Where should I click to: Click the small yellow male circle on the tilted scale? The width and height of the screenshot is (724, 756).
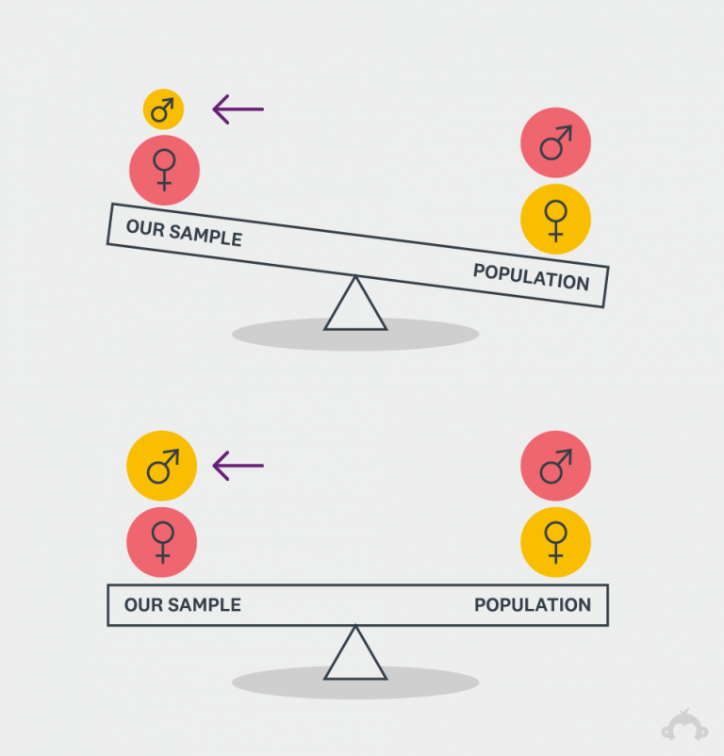163,109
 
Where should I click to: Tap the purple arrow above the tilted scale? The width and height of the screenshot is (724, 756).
238,109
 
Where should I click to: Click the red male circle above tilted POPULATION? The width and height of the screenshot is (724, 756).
555,143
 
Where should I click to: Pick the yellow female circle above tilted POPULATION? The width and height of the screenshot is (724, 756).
555,220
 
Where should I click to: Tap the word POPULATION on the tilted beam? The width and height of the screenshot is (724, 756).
531,277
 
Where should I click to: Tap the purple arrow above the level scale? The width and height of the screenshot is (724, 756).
238,465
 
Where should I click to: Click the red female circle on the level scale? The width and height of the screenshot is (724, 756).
162,542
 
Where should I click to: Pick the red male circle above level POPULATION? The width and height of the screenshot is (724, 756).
555,466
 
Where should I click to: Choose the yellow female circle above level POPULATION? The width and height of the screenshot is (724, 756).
555,542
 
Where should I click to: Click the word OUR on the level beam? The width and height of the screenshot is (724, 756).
141,605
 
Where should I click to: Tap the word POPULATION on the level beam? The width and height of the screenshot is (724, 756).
533,605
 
